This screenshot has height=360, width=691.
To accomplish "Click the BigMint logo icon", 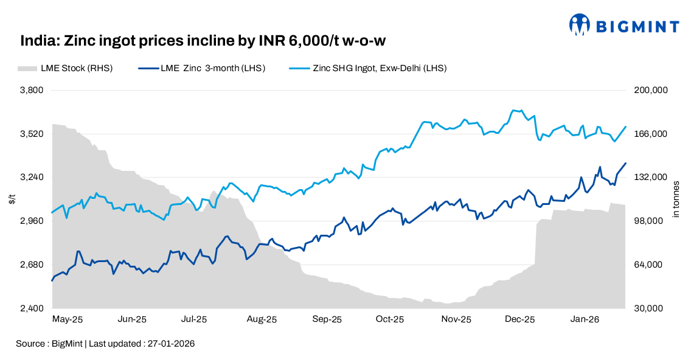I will [x=580, y=25].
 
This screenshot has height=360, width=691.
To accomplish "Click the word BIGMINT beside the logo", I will [x=636, y=26].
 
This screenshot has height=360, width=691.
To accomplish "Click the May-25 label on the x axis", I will [x=68, y=319].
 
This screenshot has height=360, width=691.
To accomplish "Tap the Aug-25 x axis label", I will [x=262, y=319].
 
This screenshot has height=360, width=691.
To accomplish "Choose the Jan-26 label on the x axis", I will [x=583, y=319].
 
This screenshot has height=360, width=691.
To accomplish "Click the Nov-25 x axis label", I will [x=456, y=319].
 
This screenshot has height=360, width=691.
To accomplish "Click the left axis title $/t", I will [x=12, y=199].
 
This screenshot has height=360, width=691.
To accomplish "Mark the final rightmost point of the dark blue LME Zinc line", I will [x=626, y=163].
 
